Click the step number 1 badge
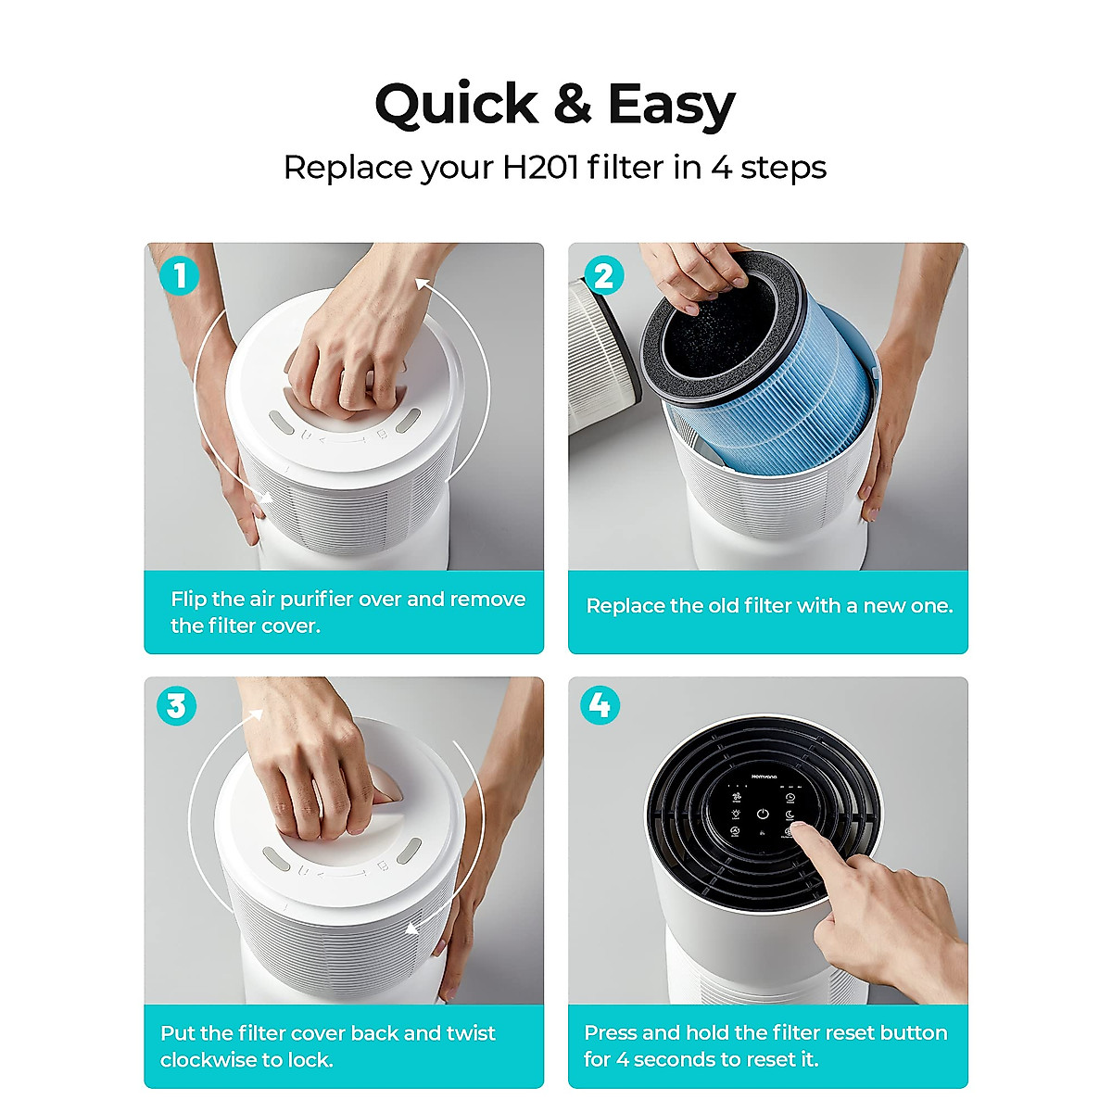179,275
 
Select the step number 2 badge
603,275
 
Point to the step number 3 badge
176,706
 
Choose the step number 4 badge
600,706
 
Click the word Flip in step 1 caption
189,600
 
